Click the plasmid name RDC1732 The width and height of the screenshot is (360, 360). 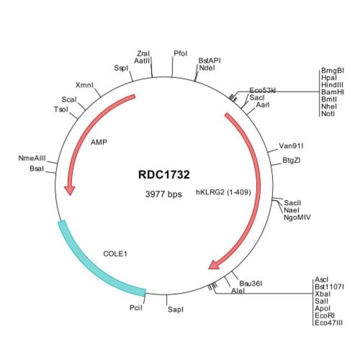tap(164, 174)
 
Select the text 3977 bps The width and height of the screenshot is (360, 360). tap(163, 194)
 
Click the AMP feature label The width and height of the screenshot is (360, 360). tap(99, 142)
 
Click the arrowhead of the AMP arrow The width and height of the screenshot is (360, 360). tap(69, 191)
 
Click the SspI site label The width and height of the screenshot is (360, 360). tap(121, 68)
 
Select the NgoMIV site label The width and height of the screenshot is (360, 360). tap(297, 218)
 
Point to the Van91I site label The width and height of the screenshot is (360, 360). tap(291, 146)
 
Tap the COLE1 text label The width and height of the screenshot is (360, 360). tap(116, 254)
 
